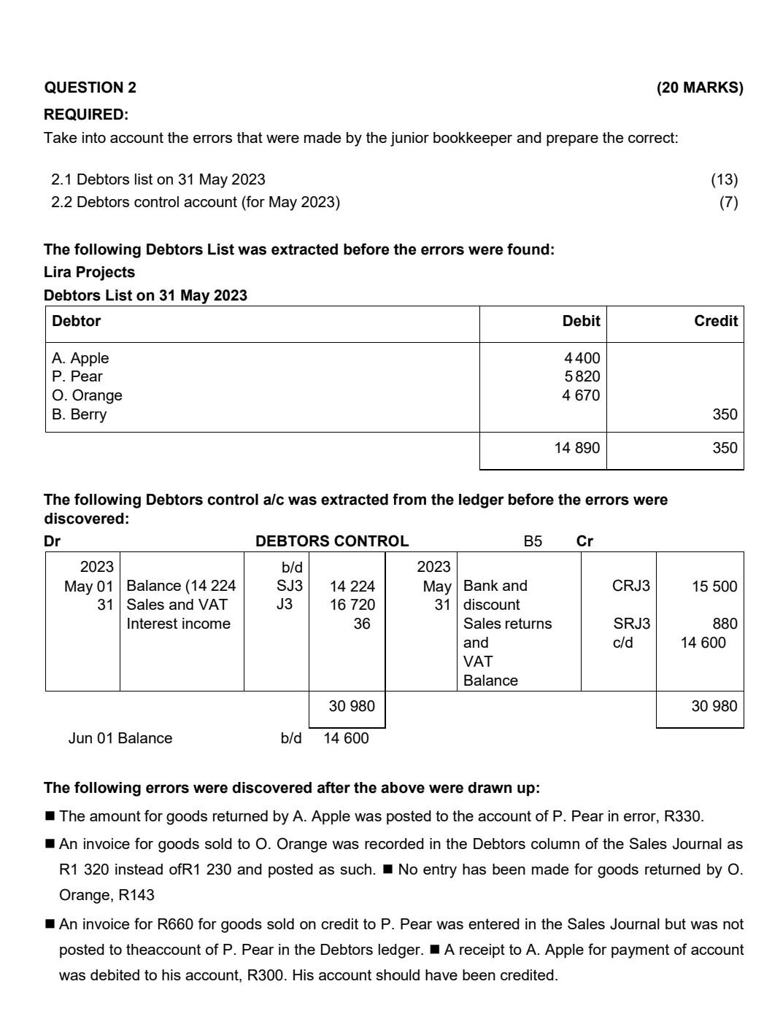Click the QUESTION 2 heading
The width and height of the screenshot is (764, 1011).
[90, 88]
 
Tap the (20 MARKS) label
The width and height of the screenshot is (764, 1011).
[699, 88]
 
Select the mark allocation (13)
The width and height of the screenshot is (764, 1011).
[724, 179]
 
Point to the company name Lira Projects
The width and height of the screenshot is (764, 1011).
[89, 272]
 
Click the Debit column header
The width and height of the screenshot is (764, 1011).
[581, 321]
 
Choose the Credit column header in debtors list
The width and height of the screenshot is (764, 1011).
[715, 321]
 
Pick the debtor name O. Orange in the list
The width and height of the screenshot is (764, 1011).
[87, 395]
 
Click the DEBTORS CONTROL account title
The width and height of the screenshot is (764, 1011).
[331, 541]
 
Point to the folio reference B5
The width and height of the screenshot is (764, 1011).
[533, 541]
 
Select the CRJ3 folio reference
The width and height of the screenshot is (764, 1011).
[630, 586]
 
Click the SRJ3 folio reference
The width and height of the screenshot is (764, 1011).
[631, 624]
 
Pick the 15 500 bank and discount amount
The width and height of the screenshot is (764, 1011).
[714, 586]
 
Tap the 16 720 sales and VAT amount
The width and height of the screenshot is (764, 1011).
[352, 605]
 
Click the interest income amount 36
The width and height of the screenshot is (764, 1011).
[361, 624]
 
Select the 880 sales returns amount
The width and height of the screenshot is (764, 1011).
[725, 624]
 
